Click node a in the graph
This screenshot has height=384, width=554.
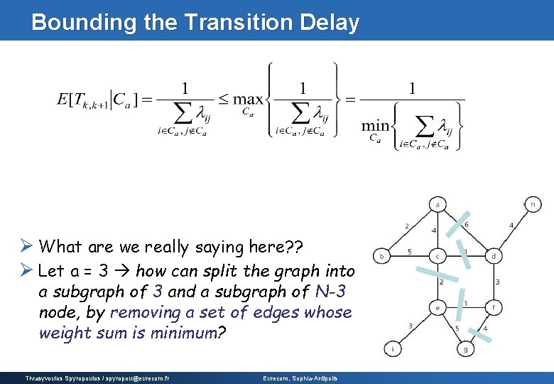[438, 205]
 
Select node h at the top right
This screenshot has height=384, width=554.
[533, 204]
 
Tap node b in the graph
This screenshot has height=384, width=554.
[382, 255]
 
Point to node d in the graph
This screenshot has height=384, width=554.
[494, 255]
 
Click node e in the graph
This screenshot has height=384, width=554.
[438, 307]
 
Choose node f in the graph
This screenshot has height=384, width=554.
[494, 307]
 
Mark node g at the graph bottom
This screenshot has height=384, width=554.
[465, 348]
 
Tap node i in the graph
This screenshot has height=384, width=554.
[391, 348]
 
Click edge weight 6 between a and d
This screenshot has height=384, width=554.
[466, 225]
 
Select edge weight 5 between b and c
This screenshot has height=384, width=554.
[409, 251]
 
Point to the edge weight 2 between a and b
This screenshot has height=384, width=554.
[406, 226]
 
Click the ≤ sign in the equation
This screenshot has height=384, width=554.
[223, 100]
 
